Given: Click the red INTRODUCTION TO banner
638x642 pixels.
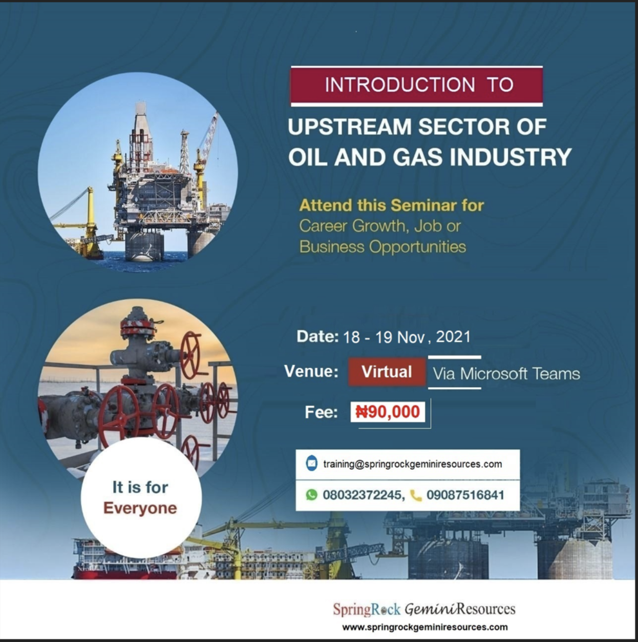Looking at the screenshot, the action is [x=417, y=86].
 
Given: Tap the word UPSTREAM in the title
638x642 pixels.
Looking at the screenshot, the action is [x=349, y=127].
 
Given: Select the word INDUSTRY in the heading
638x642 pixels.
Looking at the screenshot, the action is [x=511, y=157].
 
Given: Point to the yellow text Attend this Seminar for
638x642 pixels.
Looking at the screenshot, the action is [x=391, y=205].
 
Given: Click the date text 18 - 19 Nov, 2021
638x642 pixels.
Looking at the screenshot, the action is [x=407, y=337].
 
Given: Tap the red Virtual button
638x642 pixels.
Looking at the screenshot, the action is [x=387, y=372].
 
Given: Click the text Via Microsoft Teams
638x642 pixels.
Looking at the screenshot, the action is [x=506, y=373].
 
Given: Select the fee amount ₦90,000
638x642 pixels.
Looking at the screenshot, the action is [x=388, y=412].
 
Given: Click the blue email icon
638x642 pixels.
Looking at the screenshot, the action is [x=311, y=464].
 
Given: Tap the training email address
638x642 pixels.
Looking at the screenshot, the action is [x=413, y=464].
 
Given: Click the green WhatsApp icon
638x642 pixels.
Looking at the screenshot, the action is [x=311, y=495].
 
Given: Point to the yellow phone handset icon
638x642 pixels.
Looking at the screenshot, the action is [x=416, y=495].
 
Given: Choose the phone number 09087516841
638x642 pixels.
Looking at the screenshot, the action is [x=465, y=495].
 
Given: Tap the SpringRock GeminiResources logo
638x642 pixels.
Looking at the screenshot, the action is [x=424, y=609].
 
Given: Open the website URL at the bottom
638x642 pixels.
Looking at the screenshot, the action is [x=425, y=627].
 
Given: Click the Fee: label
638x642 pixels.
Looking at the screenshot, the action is [x=321, y=412].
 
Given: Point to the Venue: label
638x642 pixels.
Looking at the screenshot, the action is [x=311, y=371].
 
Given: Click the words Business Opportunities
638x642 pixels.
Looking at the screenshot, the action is [x=382, y=247].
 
